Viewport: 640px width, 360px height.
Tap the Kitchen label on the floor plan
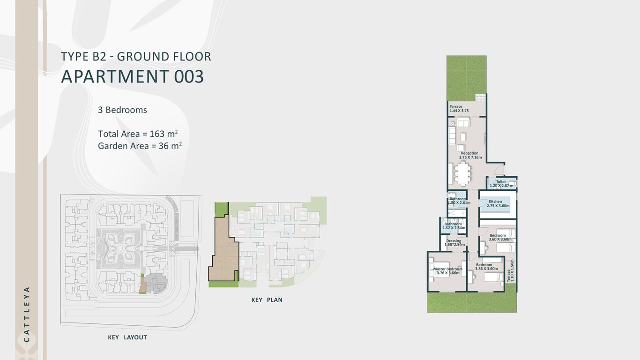tap(495, 203)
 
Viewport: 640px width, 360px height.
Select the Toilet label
tap(501, 183)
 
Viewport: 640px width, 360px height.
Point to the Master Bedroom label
tap(448, 271)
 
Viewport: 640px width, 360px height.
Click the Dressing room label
tap(454, 243)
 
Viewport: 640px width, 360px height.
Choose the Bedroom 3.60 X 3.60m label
tap(498, 237)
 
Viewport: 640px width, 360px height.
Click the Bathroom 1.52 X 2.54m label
tap(453, 226)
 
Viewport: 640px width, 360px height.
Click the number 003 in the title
tap(189, 76)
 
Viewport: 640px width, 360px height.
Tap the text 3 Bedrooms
tap(122, 110)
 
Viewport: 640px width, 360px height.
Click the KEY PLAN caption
tap(267, 300)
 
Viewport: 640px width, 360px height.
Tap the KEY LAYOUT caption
tap(127, 337)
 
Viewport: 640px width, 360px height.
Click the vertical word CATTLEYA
tap(27, 314)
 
